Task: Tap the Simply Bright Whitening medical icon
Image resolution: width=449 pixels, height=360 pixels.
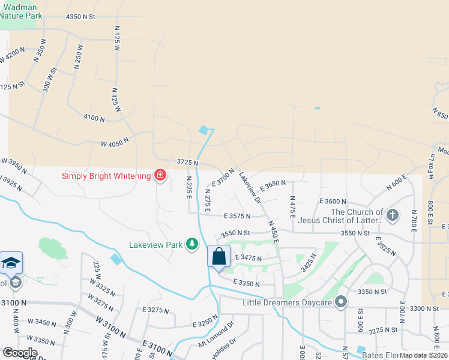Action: pos(160,175)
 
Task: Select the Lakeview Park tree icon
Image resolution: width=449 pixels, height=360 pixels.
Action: pos(191,244)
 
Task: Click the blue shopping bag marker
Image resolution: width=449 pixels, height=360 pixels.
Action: pos(218,256)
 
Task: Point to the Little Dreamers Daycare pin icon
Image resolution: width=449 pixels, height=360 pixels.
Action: pos(342,302)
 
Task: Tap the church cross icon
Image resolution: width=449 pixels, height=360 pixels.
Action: pos(392,215)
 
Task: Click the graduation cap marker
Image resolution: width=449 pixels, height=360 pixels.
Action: pos(11,263)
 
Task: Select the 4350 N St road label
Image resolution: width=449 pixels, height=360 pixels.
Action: pos(81,17)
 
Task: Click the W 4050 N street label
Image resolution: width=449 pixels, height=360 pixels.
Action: pos(115,144)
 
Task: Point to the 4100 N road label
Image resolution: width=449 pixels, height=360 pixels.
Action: pos(94,118)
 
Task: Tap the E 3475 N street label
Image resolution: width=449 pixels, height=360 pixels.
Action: pos(249,258)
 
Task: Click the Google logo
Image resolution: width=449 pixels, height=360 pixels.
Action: pos(20,353)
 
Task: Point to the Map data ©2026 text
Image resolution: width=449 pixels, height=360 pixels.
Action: pos(423,355)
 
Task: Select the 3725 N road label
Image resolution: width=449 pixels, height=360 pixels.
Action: pos(187,163)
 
